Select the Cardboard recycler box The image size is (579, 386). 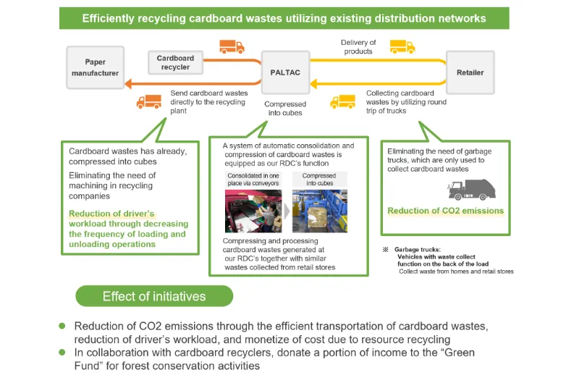point(175,62)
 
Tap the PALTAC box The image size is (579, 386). point(285,72)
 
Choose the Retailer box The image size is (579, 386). point(470,72)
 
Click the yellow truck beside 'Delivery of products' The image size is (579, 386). point(402,47)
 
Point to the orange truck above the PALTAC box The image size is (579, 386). point(232,47)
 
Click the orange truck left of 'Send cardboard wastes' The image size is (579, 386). point(149,101)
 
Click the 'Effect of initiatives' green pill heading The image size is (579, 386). point(154,296)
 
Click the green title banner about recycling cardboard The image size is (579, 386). point(284,18)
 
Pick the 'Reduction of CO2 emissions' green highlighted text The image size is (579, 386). point(445,211)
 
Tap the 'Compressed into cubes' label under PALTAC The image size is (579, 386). point(285,109)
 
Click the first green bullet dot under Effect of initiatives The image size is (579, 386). point(62,327)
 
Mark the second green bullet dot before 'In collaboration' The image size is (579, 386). point(62,353)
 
